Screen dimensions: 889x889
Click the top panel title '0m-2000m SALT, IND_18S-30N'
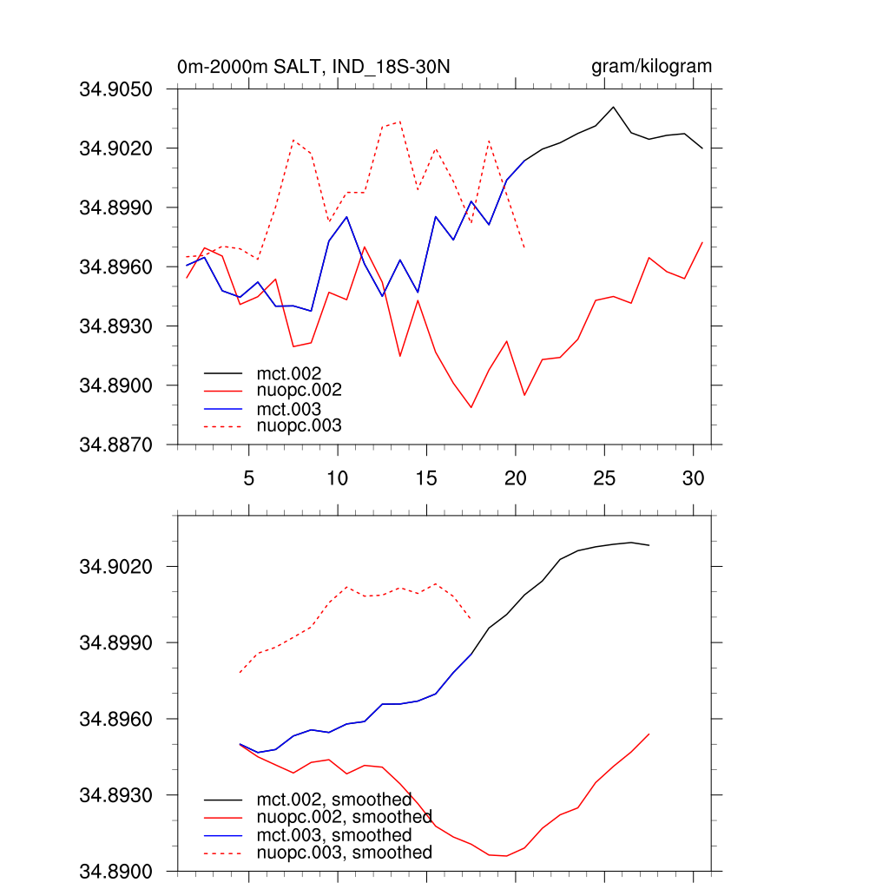click(x=313, y=67)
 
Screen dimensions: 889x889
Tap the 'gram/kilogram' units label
click(x=651, y=66)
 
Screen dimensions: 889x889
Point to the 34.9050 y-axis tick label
click(x=115, y=89)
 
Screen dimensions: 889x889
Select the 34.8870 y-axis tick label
click(x=115, y=444)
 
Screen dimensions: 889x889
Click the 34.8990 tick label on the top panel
click(x=115, y=207)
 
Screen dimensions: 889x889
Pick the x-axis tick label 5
click(x=248, y=477)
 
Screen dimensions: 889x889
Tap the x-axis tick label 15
click(x=425, y=477)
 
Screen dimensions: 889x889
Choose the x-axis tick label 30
click(x=692, y=477)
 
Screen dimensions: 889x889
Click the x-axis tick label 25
click(x=603, y=477)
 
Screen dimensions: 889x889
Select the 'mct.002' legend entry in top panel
click(x=295, y=373)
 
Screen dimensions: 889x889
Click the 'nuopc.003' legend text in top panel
click(x=300, y=425)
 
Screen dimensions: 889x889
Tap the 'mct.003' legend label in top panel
click(x=295, y=408)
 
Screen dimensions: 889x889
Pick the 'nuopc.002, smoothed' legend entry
click(x=344, y=817)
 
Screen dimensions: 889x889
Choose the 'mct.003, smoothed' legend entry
click(x=334, y=835)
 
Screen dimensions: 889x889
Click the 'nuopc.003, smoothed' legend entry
click(x=344, y=853)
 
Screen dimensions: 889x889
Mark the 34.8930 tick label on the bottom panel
click(x=115, y=795)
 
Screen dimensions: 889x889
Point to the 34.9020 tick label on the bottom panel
click(x=115, y=566)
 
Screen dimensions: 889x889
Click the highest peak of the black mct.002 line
click(x=613, y=107)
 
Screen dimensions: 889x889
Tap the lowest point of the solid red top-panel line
click(x=471, y=407)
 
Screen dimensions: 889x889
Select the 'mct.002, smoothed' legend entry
click(x=334, y=800)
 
